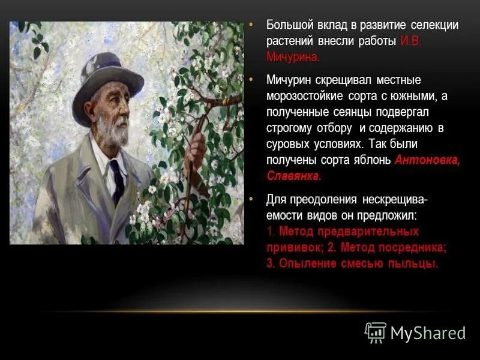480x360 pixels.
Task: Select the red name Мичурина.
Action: (293, 58)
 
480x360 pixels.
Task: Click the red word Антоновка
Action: (427, 160)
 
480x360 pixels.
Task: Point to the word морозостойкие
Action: (304, 96)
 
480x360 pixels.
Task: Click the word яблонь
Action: (372, 160)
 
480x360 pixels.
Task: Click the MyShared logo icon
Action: (376, 332)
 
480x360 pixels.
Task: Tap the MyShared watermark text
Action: (428, 333)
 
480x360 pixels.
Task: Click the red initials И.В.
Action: (411, 41)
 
